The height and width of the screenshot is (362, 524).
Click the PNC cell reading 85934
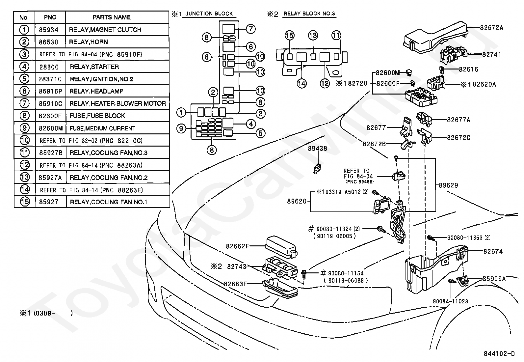point(48,30)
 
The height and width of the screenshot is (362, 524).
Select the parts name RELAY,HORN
point(89,42)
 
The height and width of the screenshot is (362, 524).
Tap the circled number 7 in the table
point(24,103)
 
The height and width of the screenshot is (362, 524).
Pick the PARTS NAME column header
point(112,17)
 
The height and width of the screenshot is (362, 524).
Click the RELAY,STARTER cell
point(94,67)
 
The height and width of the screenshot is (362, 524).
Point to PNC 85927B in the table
point(51,153)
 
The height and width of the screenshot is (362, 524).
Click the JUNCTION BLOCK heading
point(209,14)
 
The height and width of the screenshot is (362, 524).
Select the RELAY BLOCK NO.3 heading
point(309,14)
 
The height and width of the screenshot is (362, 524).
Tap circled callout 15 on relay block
point(289,35)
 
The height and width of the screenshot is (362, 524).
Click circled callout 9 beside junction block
point(181,128)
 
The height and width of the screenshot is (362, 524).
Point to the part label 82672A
point(491,28)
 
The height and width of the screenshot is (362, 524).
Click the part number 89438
point(317,149)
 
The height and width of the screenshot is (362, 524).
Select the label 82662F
point(237,246)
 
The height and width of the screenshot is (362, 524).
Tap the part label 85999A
point(494,279)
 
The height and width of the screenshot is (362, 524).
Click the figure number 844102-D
point(499,354)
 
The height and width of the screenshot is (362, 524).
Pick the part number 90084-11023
point(450,301)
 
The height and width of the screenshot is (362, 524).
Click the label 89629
point(448,185)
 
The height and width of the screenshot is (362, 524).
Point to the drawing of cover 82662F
point(281,247)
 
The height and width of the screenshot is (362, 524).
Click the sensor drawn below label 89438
point(317,169)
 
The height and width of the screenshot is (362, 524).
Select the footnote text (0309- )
point(53,313)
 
